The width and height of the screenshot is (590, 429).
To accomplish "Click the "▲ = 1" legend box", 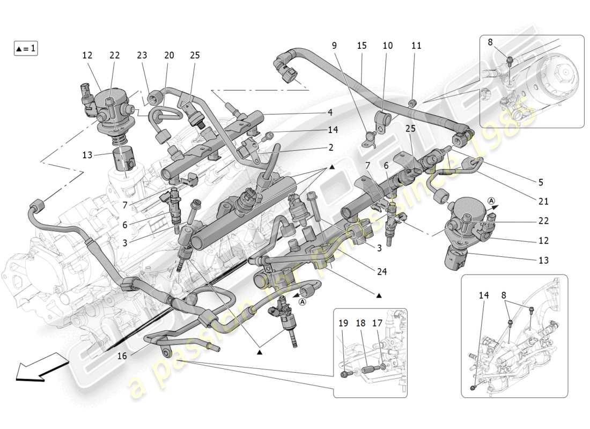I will (x=25, y=48).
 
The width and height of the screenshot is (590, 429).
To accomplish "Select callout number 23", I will (x=142, y=55).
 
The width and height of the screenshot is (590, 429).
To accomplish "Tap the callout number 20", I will (x=169, y=55).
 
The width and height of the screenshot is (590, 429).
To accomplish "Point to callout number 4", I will (x=330, y=113).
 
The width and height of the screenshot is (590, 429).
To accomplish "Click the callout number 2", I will (x=330, y=147).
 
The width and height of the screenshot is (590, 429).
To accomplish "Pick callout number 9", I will (x=334, y=46).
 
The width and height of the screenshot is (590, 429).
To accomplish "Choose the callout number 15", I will (x=362, y=46).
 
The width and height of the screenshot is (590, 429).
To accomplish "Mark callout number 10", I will (x=388, y=46).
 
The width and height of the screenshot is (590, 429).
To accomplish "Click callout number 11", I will (x=417, y=46).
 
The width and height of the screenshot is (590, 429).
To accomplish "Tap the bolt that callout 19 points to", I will (x=344, y=374).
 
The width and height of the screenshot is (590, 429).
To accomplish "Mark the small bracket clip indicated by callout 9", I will (x=371, y=138).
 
